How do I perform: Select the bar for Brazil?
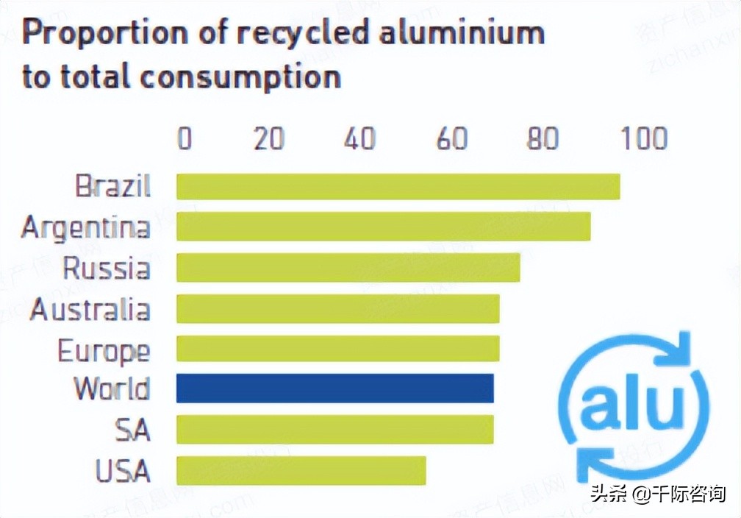point(398,186)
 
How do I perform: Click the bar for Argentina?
point(383,227)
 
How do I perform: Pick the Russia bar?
point(348,267)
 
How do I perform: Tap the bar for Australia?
point(337,308)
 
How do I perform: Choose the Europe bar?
point(337,349)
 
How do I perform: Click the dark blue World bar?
point(334,388)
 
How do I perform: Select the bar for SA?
point(334,429)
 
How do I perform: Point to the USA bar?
point(301,470)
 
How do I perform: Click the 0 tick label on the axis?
point(185,138)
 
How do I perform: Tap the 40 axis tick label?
point(359,138)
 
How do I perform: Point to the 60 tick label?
point(451,138)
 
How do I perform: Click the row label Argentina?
point(85,227)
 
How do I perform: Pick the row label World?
point(112,388)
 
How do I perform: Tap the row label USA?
point(123,471)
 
